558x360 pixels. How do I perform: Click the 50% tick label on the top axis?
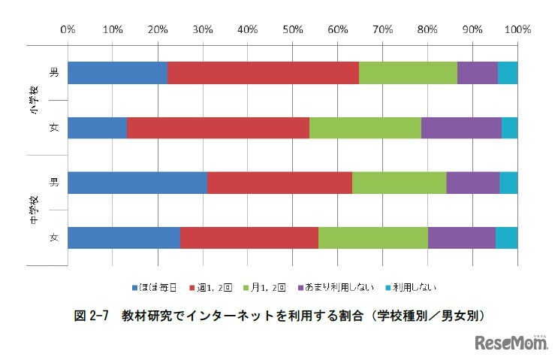292,30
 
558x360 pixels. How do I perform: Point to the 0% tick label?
67,30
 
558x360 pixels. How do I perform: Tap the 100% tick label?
517,30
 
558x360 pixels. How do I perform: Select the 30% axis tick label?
202,30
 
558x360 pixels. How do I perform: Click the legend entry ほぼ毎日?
158,286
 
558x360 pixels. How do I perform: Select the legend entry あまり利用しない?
338,286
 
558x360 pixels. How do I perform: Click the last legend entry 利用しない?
409,286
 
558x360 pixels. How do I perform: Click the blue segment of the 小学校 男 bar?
117,73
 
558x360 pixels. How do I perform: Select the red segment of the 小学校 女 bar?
218,128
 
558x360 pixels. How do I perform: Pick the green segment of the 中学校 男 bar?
399,183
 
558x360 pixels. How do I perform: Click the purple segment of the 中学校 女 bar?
461,237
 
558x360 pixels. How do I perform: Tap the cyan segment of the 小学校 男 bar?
508,73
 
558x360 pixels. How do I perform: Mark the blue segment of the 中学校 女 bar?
124,237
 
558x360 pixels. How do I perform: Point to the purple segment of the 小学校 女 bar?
461,128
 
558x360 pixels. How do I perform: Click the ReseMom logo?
512,343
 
